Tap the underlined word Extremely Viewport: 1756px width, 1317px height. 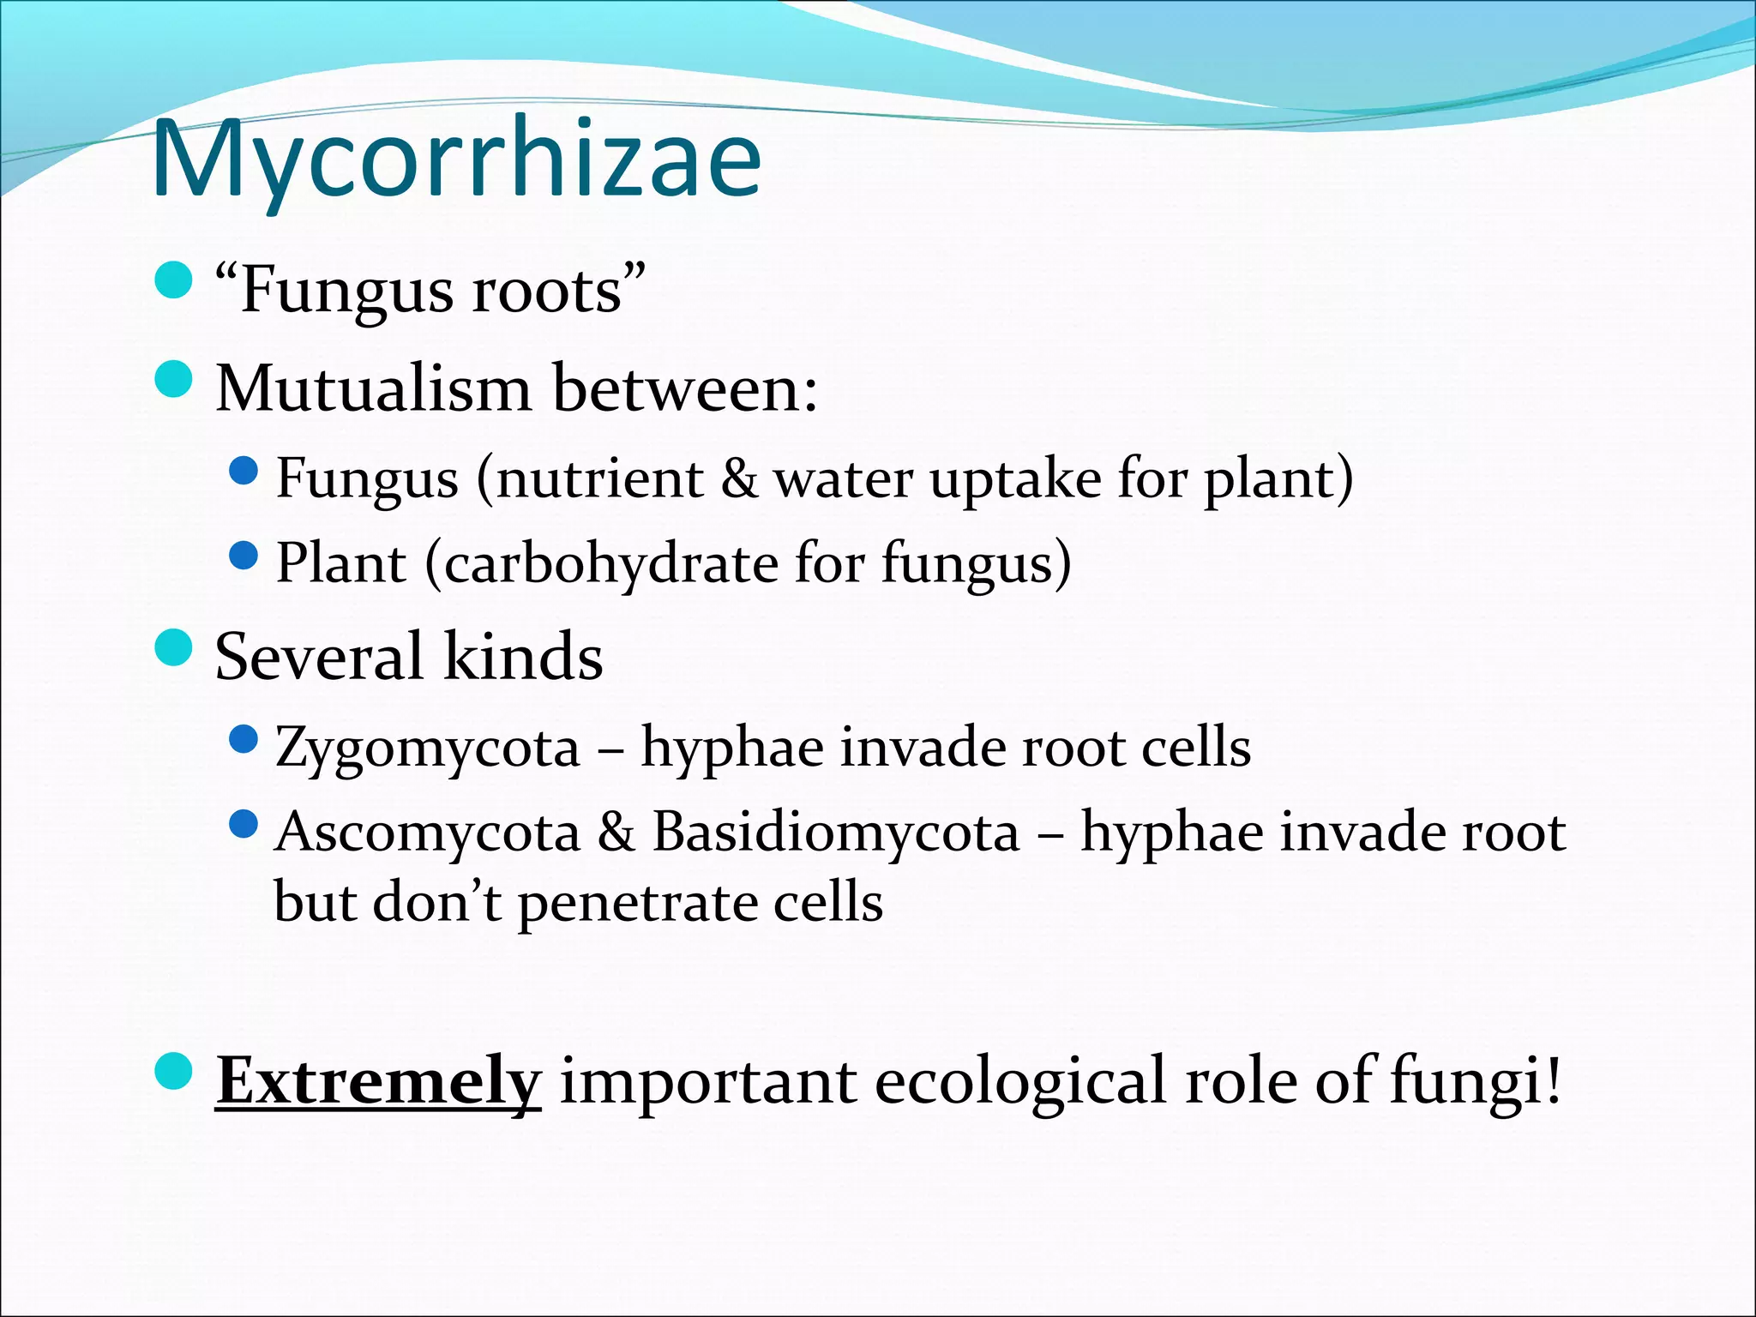click(378, 1081)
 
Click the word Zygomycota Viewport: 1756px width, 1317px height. click(428, 748)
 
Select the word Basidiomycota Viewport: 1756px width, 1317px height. click(836, 833)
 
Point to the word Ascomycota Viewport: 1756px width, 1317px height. click(428, 833)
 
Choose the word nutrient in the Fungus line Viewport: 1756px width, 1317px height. click(599, 478)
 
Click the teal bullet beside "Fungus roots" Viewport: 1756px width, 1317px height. click(174, 281)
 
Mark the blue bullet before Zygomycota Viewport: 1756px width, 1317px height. click(244, 738)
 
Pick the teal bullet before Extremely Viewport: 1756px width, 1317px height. click(174, 1072)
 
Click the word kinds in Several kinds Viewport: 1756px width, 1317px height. click(523, 657)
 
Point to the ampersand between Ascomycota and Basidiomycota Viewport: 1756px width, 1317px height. click(616, 833)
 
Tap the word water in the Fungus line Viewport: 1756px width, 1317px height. click(844, 478)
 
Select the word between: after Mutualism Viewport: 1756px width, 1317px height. click(685, 389)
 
